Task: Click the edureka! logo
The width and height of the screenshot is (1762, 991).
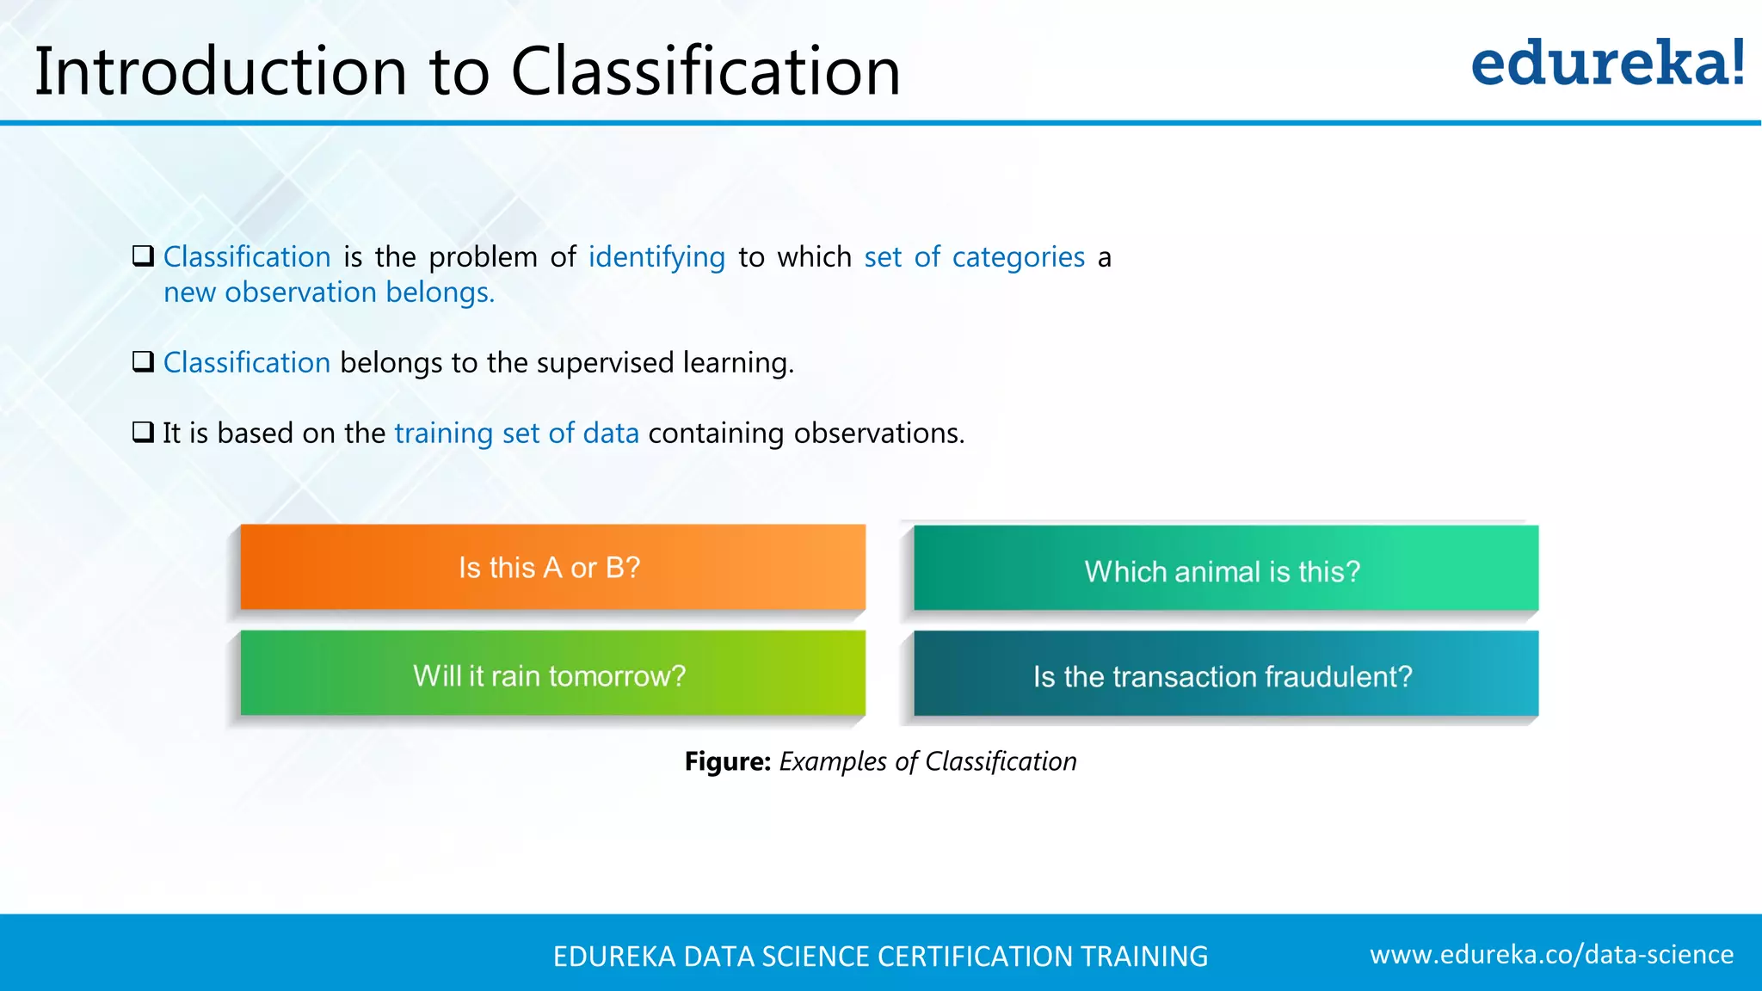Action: click(1607, 64)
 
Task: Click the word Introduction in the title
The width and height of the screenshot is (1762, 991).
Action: click(220, 71)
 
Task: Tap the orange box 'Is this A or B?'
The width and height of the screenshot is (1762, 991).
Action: click(552, 568)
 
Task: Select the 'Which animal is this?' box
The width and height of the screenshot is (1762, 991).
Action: click(1225, 569)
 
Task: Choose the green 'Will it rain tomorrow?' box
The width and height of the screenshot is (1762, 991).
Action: click(552, 674)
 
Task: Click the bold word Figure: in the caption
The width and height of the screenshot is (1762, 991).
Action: click(727, 762)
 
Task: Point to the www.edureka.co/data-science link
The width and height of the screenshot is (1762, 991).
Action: click(1551, 955)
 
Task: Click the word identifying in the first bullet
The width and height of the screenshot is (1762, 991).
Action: click(656, 258)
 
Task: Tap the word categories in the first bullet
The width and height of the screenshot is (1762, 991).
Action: click(1018, 258)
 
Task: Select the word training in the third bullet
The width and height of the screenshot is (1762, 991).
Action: click(443, 434)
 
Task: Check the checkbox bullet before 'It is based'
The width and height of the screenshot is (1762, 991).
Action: click(143, 432)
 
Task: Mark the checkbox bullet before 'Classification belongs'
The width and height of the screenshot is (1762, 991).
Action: click(143, 361)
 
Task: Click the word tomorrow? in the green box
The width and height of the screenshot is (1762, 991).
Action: click(617, 676)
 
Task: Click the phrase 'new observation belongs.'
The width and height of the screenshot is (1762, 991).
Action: click(329, 293)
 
